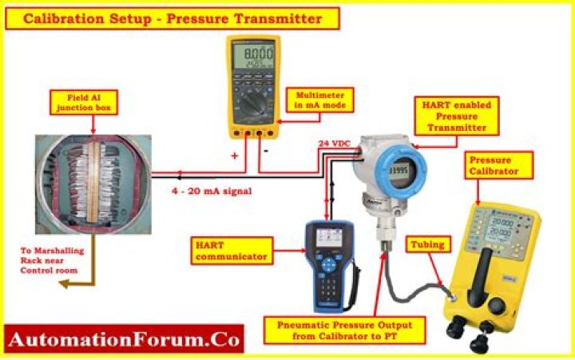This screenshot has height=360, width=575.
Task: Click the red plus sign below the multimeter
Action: click(x=235, y=157)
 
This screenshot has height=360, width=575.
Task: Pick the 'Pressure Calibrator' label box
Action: click(x=495, y=165)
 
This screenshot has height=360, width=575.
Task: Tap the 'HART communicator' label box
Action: click(x=231, y=249)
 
